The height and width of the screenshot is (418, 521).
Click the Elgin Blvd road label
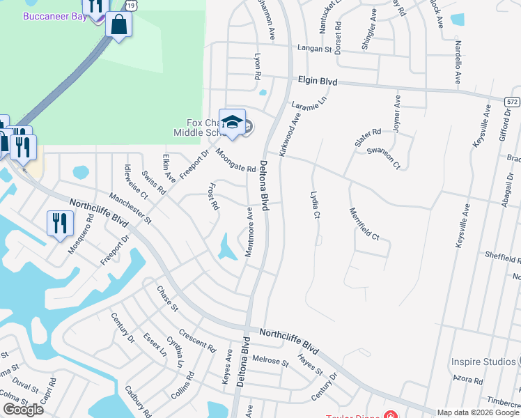[318, 82]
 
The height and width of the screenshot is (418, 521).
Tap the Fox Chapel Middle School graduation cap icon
[231, 123]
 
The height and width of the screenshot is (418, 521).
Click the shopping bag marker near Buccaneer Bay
[119, 25]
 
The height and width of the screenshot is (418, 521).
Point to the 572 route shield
[513, 102]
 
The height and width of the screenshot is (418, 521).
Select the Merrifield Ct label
[364, 224]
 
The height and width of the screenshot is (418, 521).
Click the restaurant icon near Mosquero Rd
[59, 223]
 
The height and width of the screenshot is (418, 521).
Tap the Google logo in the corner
[23, 410]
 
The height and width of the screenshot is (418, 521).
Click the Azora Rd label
[468, 380]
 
